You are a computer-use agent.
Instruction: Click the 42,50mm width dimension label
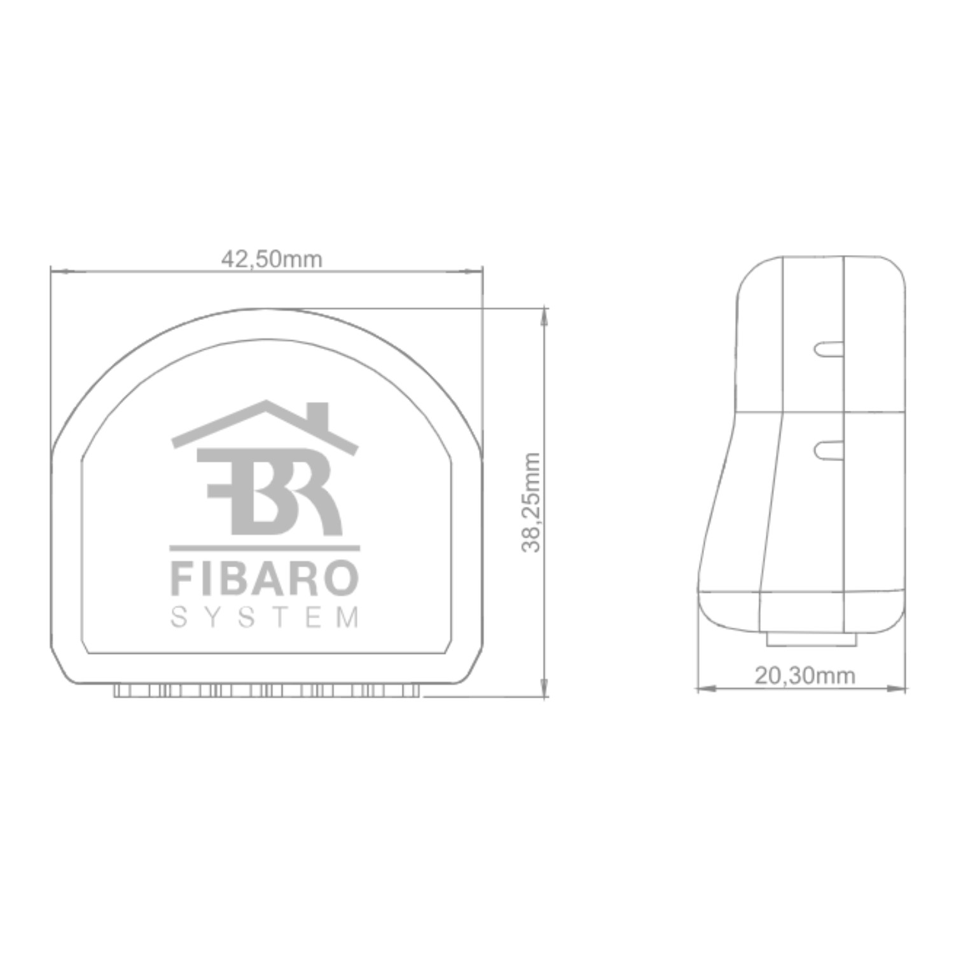pos(272,259)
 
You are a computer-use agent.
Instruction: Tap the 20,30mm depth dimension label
pos(805,675)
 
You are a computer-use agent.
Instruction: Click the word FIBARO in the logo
pos(265,578)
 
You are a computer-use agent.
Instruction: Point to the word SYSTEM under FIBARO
pos(265,618)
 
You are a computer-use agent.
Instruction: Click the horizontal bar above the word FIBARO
pos(265,548)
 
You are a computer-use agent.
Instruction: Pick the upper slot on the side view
pos(828,349)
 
